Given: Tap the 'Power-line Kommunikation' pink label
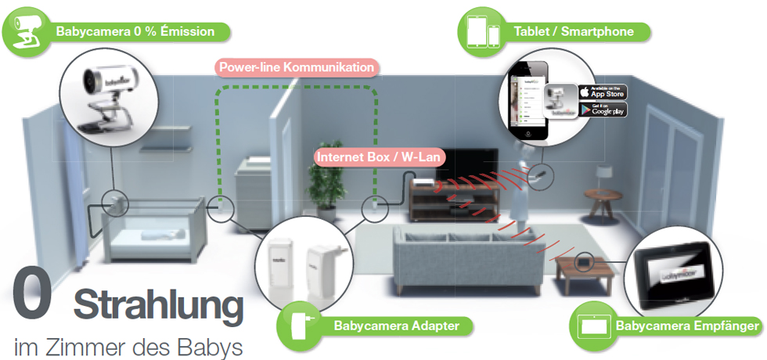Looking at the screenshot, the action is (x=297, y=67).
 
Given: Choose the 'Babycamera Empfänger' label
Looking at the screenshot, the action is (x=687, y=325).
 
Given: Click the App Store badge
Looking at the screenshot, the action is (x=602, y=92).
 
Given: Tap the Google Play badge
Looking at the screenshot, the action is (x=602, y=110).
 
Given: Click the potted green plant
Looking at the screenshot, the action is (x=320, y=188).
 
